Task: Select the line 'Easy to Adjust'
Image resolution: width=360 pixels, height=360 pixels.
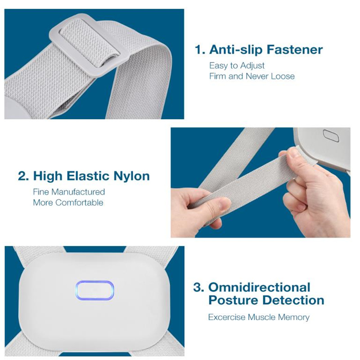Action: pyautogui.click(x=237, y=66)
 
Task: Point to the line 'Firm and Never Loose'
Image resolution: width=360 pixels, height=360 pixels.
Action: pyautogui.click(x=252, y=76)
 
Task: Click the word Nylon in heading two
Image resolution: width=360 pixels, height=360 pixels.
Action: pyautogui.click(x=131, y=176)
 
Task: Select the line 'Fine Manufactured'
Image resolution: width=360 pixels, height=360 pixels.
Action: pyautogui.click(x=69, y=192)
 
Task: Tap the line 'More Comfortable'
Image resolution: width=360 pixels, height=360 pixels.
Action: pyautogui.click(x=68, y=203)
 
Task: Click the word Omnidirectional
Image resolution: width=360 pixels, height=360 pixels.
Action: pyautogui.click(x=259, y=288)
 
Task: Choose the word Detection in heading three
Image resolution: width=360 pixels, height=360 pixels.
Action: pyautogui.click(x=293, y=300)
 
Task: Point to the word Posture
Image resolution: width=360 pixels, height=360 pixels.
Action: pyautogui.click(x=233, y=300)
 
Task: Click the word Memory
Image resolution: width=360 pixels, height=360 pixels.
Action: pyautogui.click(x=294, y=317)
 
